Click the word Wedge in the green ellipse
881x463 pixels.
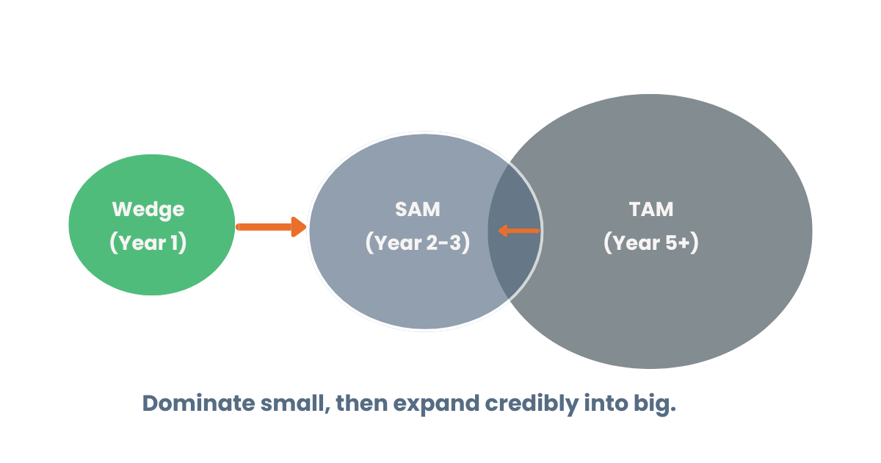(x=148, y=210)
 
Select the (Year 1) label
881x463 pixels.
(x=148, y=243)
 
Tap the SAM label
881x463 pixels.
(x=418, y=209)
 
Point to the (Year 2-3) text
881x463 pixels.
(x=418, y=243)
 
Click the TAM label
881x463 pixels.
(x=651, y=209)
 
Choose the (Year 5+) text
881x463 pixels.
(x=651, y=243)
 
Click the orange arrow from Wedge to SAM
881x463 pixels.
(x=271, y=227)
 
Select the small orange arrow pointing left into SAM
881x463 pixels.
(x=519, y=231)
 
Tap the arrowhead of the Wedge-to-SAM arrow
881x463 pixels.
(x=299, y=227)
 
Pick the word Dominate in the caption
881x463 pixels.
(x=199, y=403)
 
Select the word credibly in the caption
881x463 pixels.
(x=532, y=404)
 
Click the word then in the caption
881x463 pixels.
(x=362, y=403)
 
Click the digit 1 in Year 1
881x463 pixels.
(x=174, y=243)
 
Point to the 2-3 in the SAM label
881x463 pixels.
(x=443, y=243)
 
